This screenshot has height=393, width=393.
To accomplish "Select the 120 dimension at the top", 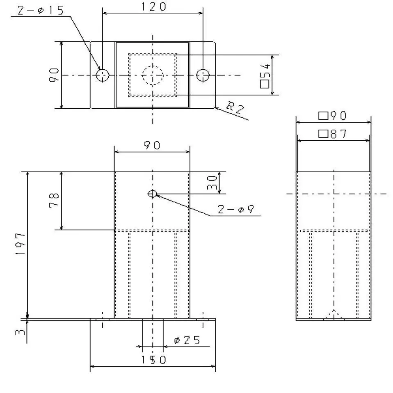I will point(152,7).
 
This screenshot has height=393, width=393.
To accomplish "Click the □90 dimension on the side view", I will point(333,116).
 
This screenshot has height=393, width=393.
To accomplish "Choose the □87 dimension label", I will point(333,134).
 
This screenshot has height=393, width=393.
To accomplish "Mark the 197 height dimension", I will point(21,244).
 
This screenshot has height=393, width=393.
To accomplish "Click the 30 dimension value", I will point(212,183).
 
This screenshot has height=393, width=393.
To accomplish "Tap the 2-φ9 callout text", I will point(236,210).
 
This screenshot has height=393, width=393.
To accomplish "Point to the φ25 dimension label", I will point(187,340).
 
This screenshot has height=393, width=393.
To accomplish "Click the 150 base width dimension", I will point(152,360).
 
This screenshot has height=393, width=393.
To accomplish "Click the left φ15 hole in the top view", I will point(103,75).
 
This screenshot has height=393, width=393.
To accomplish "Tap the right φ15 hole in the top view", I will point(203,75).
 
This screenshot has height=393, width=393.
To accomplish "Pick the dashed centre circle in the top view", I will point(153,75).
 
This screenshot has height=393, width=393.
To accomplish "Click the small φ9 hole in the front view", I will point(153,194).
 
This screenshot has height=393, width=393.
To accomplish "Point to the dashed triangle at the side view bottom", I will point(335,315).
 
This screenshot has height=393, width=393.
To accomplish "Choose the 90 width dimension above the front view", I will point(152,145).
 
